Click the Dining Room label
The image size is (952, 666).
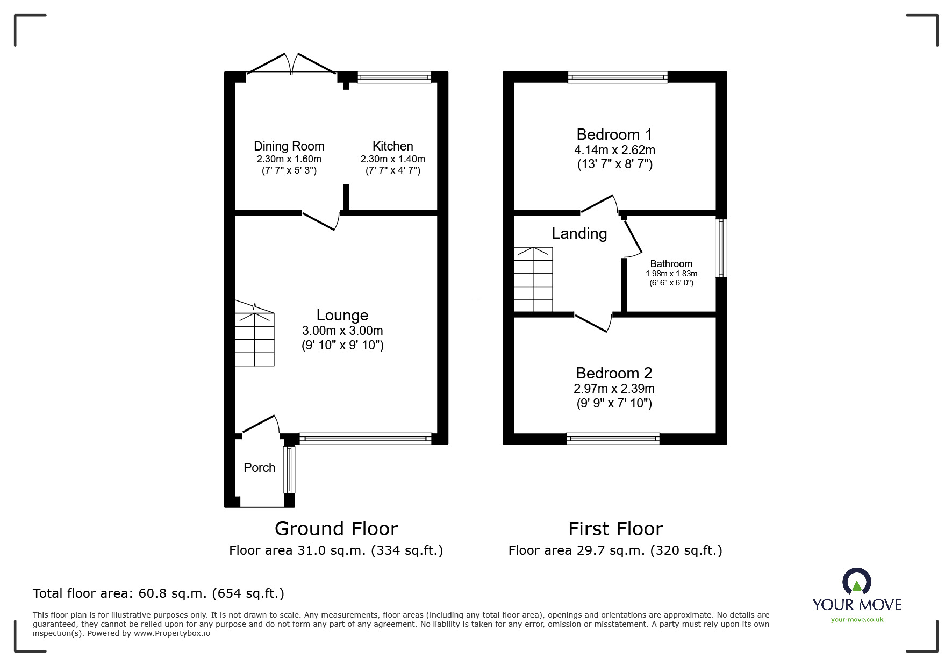(x=289, y=146)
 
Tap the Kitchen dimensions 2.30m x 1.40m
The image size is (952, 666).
(x=392, y=159)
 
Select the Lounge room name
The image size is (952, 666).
(x=342, y=315)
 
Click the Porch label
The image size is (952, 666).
(x=259, y=468)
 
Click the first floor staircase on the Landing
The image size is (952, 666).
(x=533, y=280)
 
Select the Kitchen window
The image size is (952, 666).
(x=394, y=77)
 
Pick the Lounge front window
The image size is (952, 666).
(x=365, y=439)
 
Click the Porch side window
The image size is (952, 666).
(x=289, y=469)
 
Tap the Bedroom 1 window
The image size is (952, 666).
(x=618, y=77)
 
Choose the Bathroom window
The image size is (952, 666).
(x=720, y=248)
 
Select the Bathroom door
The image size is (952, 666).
(x=633, y=237)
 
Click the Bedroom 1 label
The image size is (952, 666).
(x=614, y=134)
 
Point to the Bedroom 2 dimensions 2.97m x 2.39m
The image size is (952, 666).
(x=614, y=389)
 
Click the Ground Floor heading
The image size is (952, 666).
(x=336, y=529)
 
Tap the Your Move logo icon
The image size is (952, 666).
(x=856, y=582)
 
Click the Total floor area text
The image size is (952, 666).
(x=159, y=593)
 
